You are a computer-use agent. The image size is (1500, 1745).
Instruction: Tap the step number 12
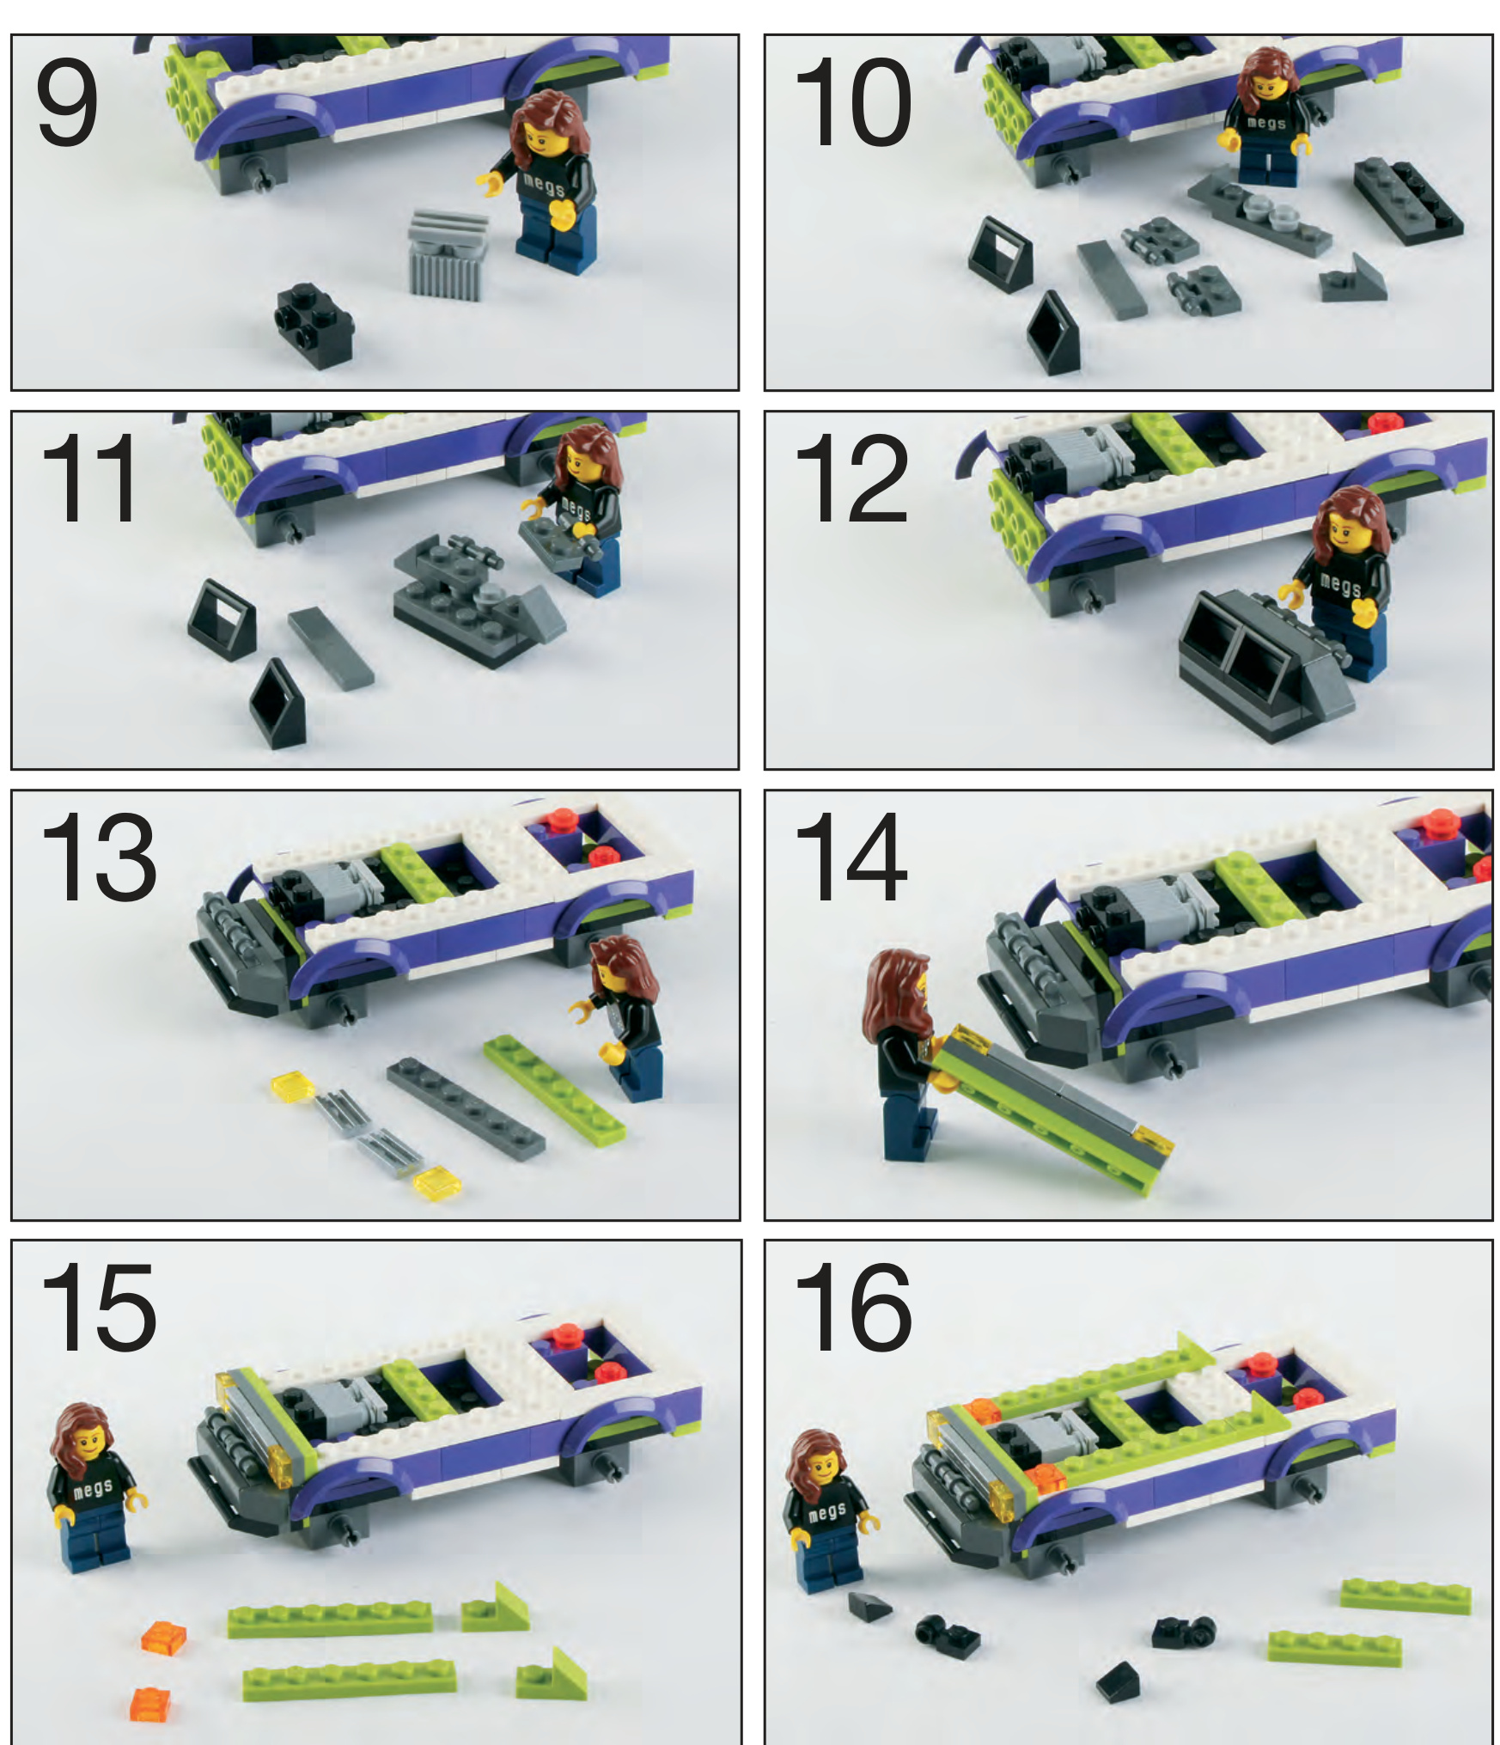click(851, 478)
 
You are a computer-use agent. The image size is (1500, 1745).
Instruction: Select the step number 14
click(850, 857)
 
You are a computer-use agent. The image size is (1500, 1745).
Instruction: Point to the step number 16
click(851, 1308)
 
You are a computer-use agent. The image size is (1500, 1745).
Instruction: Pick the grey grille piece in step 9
click(448, 253)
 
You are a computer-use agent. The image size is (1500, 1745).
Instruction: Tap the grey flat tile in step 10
click(1112, 279)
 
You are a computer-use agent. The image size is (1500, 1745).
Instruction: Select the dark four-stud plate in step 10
click(1408, 201)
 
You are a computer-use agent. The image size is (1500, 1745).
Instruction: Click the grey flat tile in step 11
click(331, 648)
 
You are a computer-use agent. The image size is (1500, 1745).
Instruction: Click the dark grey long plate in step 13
click(465, 1107)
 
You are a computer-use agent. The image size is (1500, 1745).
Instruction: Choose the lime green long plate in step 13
click(554, 1089)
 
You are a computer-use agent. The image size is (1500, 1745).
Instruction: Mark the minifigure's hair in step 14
click(899, 996)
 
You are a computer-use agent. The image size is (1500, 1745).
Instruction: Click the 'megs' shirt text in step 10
click(1267, 123)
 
